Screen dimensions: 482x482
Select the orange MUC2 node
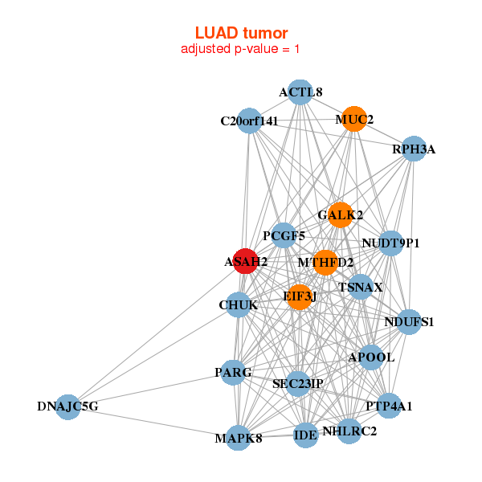(354, 119)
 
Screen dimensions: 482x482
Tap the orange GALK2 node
(340, 214)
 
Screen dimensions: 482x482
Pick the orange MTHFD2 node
(325, 262)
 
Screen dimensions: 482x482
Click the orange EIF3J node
(300, 296)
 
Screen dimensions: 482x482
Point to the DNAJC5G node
(67, 406)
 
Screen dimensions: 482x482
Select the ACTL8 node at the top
(300, 92)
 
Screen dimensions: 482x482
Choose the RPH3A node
(413, 149)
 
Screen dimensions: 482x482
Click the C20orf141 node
(249, 121)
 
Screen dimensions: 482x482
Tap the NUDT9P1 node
(390, 243)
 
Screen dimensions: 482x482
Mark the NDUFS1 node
(409, 322)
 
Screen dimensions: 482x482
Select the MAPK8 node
(239, 438)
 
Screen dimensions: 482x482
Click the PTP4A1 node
(389, 406)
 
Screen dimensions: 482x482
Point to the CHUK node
(238, 304)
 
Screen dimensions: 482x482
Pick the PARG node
(233, 372)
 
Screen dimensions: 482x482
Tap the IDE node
(305, 435)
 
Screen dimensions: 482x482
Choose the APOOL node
(370, 357)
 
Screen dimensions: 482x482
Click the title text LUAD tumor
(241, 33)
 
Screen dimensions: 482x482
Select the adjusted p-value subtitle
(241, 49)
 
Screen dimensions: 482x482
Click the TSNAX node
(361, 287)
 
